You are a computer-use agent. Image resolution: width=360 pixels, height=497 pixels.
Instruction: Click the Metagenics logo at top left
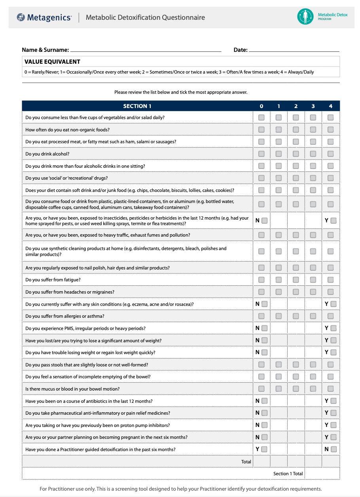coord(44,17)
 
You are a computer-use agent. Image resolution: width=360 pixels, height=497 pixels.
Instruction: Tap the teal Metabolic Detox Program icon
coord(305,17)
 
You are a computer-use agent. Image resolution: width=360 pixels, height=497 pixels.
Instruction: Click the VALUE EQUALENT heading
coord(52,62)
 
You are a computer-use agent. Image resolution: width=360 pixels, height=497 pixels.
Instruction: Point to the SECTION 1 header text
coord(137,106)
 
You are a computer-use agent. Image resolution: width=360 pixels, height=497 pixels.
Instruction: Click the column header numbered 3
coord(313,106)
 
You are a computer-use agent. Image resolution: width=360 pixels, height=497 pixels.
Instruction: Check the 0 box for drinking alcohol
coord(261,154)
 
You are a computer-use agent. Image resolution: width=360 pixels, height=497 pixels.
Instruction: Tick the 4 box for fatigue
coord(330,280)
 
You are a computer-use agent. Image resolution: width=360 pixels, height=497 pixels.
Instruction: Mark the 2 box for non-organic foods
coord(296,130)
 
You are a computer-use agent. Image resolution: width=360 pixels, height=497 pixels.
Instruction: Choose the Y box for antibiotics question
coord(333,401)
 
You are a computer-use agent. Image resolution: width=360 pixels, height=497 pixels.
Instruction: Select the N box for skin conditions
coord(264,304)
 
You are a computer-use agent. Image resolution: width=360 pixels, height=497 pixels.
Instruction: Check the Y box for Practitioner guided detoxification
coord(264,449)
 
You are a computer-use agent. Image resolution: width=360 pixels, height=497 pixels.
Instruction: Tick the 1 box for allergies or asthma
coord(279,316)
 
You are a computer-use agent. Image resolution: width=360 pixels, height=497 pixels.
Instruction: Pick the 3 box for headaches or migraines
coord(313,292)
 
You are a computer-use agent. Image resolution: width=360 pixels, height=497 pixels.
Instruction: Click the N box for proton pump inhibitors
coord(264,425)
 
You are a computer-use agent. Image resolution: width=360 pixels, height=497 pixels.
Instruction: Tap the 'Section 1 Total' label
coord(288,474)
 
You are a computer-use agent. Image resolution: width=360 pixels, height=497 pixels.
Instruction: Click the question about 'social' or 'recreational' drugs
coord(66,178)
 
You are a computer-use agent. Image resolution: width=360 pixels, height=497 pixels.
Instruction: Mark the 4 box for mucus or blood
coord(330,389)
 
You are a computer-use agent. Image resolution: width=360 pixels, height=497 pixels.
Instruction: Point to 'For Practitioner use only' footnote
coord(180,489)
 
